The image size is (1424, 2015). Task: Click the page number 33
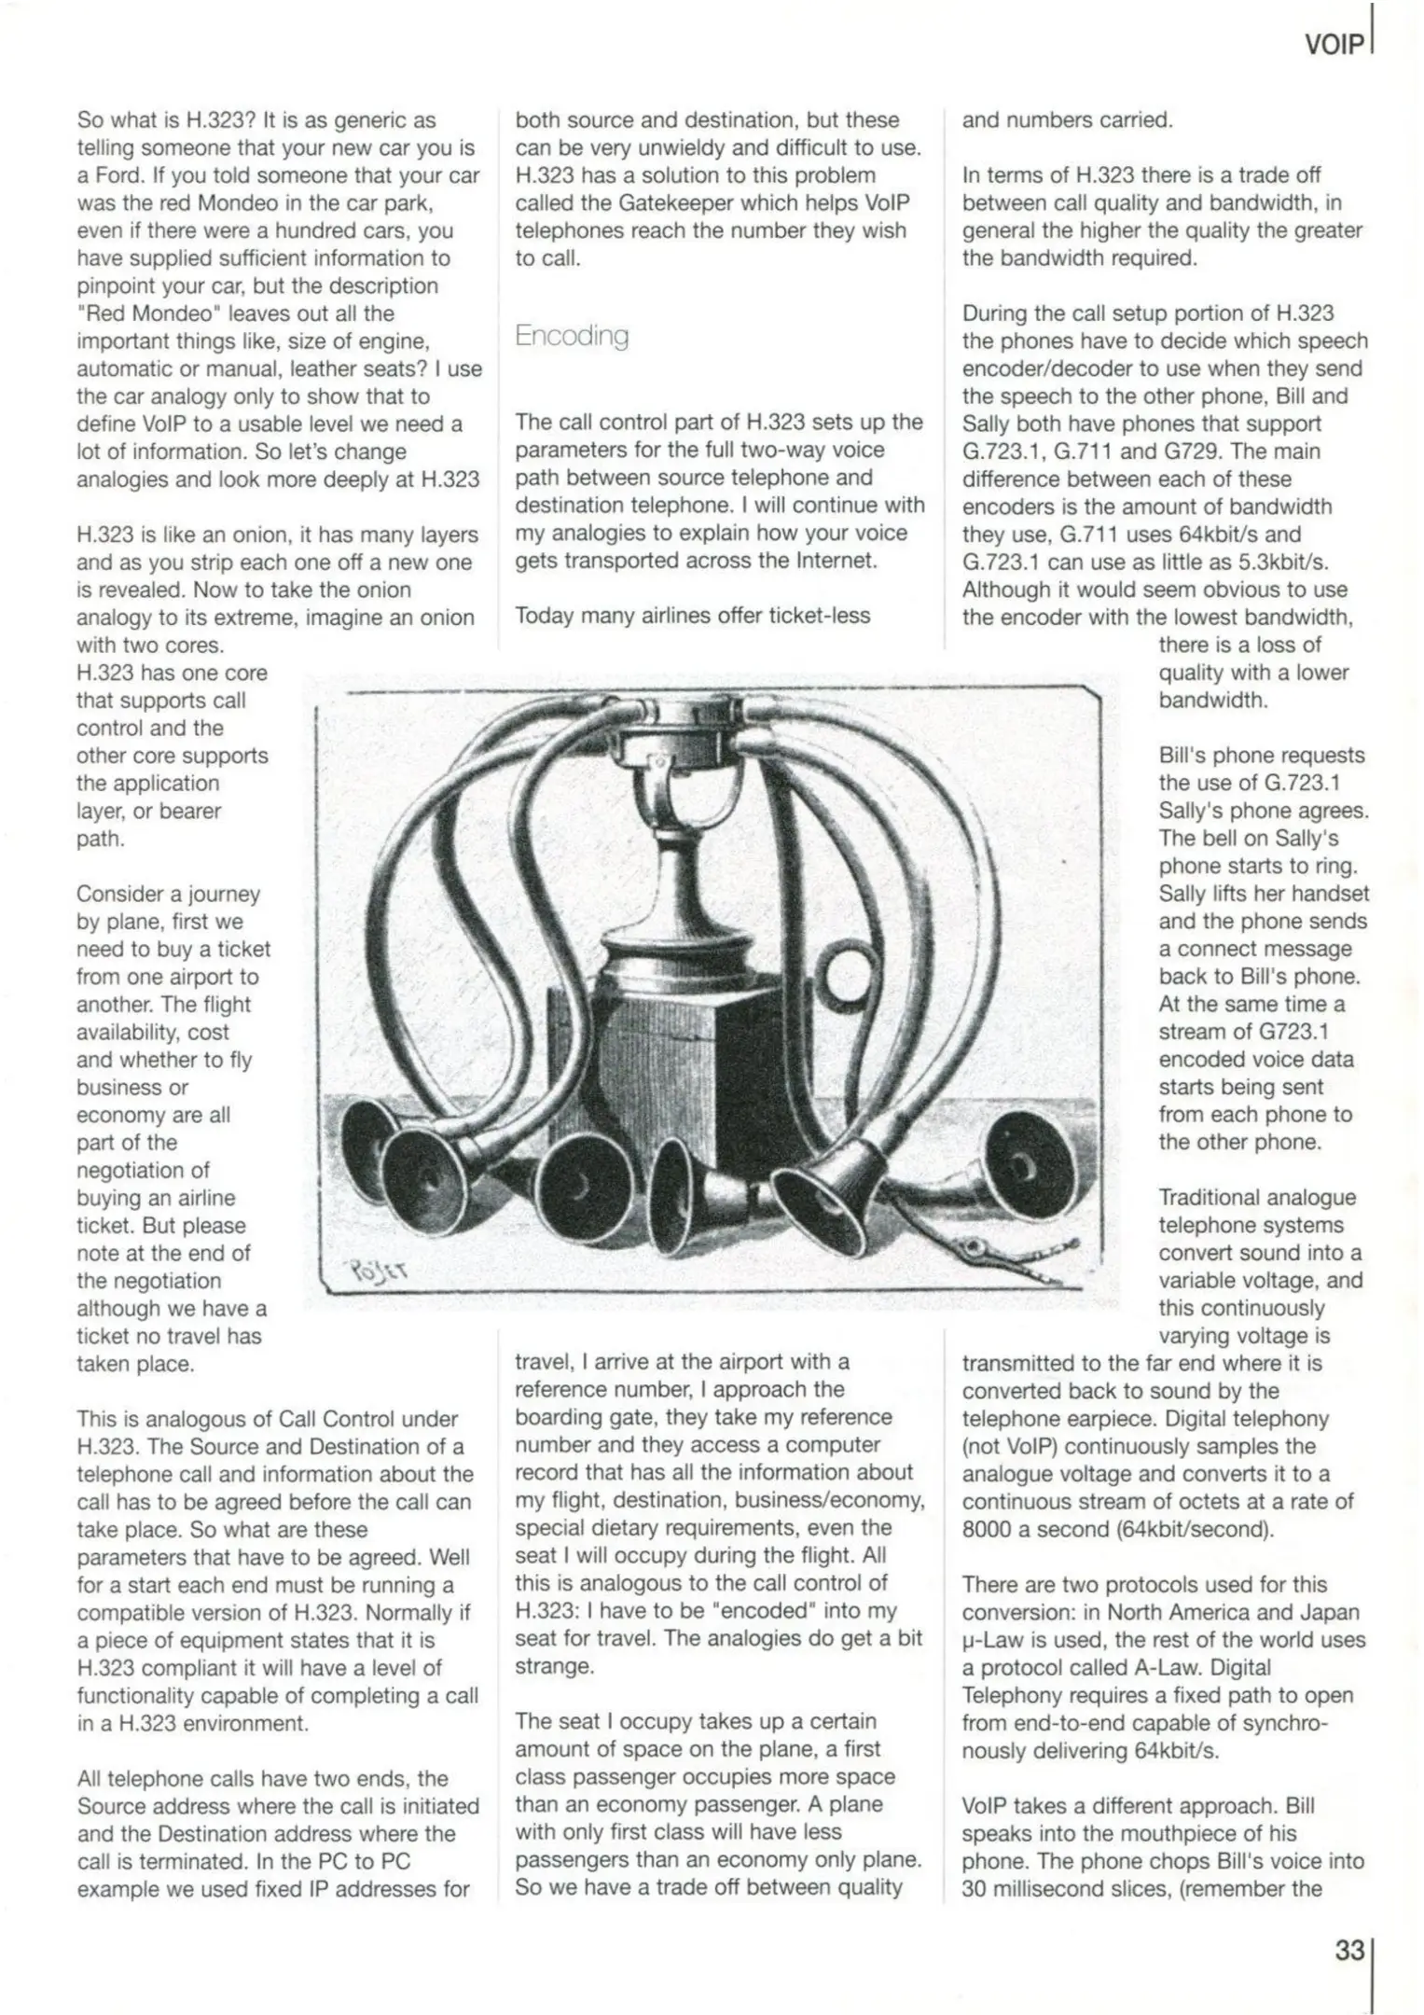pyautogui.click(x=1349, y=1951)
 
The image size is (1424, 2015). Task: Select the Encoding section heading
pyautogui.click(x=572, y=336)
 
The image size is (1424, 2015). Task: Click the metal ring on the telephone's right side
pyautogui.click(x=848, y=971)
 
